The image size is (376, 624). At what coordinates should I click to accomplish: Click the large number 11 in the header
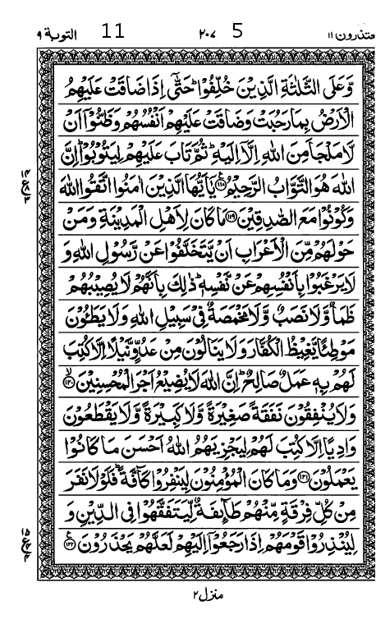[112, 32]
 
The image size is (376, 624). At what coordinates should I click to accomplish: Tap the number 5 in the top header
[238, 32]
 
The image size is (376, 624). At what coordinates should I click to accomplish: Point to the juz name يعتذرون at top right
[342, 34]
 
